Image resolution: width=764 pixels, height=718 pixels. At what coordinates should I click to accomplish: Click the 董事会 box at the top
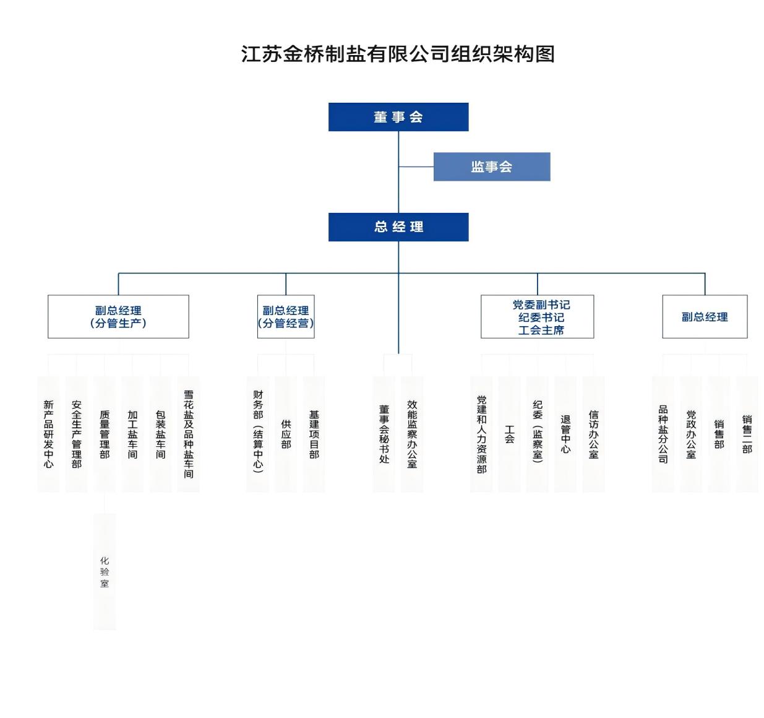coord(398,117)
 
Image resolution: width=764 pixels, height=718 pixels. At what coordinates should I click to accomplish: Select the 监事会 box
coord(491,167)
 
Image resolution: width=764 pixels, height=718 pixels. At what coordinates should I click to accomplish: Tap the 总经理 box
coord(398,227)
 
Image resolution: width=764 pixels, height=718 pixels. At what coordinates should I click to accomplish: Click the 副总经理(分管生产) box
coord(118,316)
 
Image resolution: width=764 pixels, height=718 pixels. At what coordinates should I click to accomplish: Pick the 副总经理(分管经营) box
coord(286,316)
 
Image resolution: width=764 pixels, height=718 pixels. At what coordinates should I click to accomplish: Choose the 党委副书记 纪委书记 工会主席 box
coord(537,316)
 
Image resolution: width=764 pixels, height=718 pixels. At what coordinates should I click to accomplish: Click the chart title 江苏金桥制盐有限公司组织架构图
coord(397,54)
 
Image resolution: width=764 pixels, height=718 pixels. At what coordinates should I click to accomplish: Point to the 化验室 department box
coord(105,571)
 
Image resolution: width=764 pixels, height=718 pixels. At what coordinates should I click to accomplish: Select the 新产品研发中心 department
coord(48,433)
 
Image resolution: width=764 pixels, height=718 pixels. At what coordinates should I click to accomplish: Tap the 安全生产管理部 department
coord(77,433)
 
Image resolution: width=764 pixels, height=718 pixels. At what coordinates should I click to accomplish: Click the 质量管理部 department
coord(105,433)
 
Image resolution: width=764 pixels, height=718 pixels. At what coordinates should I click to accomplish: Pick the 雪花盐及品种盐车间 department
coord(189,433)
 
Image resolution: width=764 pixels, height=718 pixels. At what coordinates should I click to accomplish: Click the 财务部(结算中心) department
coord(258,433)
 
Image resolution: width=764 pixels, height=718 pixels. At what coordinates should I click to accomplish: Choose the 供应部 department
coord(286,433)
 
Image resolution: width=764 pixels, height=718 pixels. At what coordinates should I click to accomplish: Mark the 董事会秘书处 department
coord(384,433)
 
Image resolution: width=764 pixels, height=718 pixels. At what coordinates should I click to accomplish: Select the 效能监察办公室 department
coord(412,433)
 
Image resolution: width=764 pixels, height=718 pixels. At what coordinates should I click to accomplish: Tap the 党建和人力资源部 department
coord(481,433)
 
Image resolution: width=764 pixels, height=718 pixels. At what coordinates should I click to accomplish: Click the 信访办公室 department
coord(593,433)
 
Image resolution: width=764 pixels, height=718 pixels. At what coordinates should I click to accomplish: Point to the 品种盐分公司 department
coord(663,433)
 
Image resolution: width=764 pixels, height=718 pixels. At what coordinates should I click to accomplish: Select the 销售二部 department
coord(747,433)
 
